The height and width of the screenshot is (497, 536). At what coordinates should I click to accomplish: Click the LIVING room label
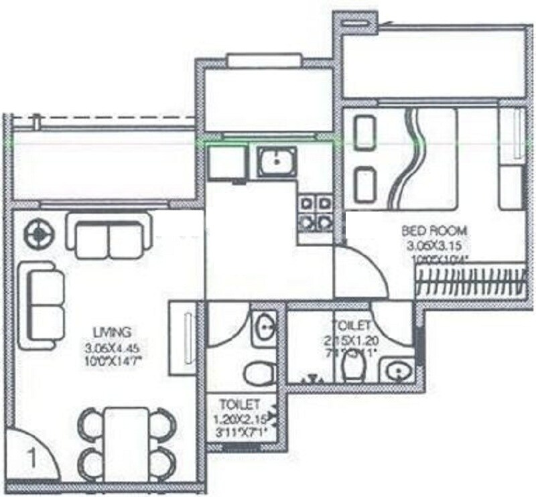[107, 330]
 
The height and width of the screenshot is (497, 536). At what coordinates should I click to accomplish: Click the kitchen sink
[275, 161]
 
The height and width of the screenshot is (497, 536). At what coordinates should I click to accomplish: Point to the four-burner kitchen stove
[316, 211]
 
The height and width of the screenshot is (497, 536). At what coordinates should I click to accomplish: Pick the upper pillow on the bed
[364, 133]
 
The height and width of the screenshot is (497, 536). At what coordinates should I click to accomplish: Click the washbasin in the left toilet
[265, 327]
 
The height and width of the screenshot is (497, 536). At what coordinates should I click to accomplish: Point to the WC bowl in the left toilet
[258, 374]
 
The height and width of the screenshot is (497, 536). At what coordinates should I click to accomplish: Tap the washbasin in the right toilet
[397, 369]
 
